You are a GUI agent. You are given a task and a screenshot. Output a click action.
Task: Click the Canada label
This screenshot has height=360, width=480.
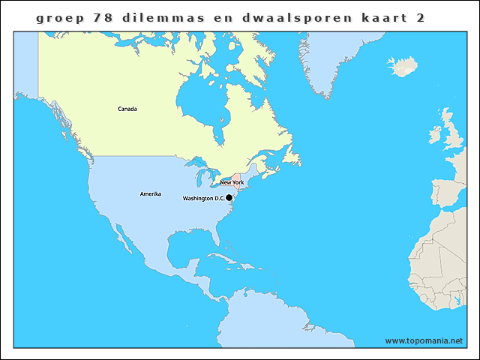(x=127, y=109)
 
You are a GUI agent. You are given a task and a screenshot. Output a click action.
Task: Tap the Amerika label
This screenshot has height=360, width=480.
(x=151, y=194)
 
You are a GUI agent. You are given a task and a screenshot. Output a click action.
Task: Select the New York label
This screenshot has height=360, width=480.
(x=232, y=182)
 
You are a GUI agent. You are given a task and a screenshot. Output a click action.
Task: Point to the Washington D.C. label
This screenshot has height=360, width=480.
(x=203, y=199)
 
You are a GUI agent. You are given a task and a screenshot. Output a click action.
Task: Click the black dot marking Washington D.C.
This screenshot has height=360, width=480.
(x=229, y=198)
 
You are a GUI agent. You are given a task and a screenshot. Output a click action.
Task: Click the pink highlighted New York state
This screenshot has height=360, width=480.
(x=237, y=175)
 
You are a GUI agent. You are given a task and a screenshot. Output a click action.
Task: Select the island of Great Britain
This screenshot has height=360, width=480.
(x=453, y=135)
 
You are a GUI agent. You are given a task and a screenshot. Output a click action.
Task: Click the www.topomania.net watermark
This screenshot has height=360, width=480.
(x=424, y=340)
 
